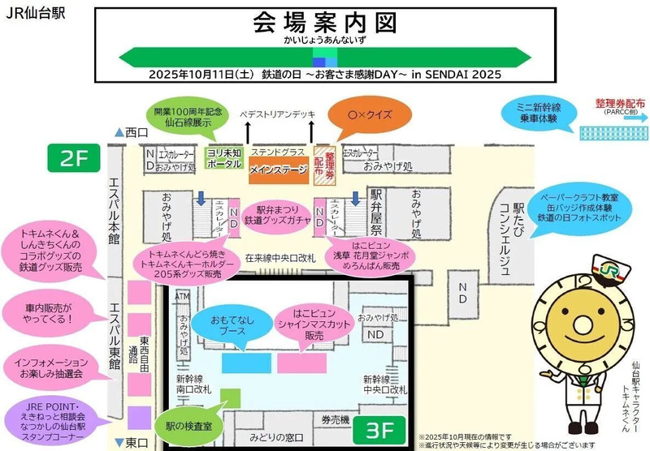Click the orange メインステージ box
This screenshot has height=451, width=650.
click(x=276, y=170)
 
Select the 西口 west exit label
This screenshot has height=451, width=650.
click(x=132, y=131)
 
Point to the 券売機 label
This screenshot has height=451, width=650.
click(x=334, y=419)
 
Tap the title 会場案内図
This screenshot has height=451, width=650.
click(x=324, y=23)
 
